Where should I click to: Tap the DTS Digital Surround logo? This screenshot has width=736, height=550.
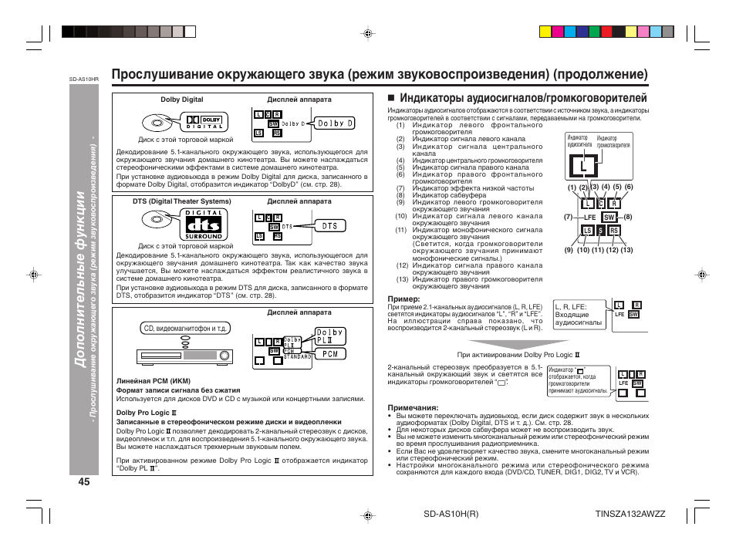(202, 223)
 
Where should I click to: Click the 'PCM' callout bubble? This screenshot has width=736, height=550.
(330, 354)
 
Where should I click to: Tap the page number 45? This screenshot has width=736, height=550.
(84, 481)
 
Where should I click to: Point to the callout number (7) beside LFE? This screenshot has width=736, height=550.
(568, 217)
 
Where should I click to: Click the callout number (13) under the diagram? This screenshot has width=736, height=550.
(626, 249)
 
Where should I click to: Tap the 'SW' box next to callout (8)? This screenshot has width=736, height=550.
(608, 218)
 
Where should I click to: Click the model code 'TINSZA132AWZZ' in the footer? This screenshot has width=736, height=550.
(630, 514)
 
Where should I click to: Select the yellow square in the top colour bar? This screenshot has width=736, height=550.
(545, 32)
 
